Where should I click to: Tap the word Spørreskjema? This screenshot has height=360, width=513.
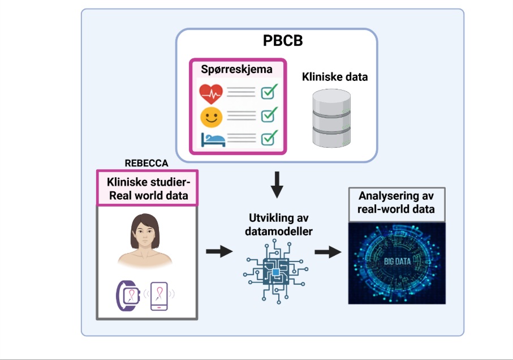(236, 70)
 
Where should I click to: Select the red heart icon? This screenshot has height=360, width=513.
(211, 92)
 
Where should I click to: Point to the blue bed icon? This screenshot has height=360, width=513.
(212, 139)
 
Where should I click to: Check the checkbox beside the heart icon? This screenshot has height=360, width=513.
(269, 91)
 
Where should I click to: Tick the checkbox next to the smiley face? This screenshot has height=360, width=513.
(269, 115)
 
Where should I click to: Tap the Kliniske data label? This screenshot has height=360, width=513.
(334, 77)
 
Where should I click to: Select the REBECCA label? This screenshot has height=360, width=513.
(146, 163)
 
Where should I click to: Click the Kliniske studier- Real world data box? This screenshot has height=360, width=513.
(147, 189)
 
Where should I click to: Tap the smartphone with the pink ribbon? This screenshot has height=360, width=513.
(159, 295)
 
